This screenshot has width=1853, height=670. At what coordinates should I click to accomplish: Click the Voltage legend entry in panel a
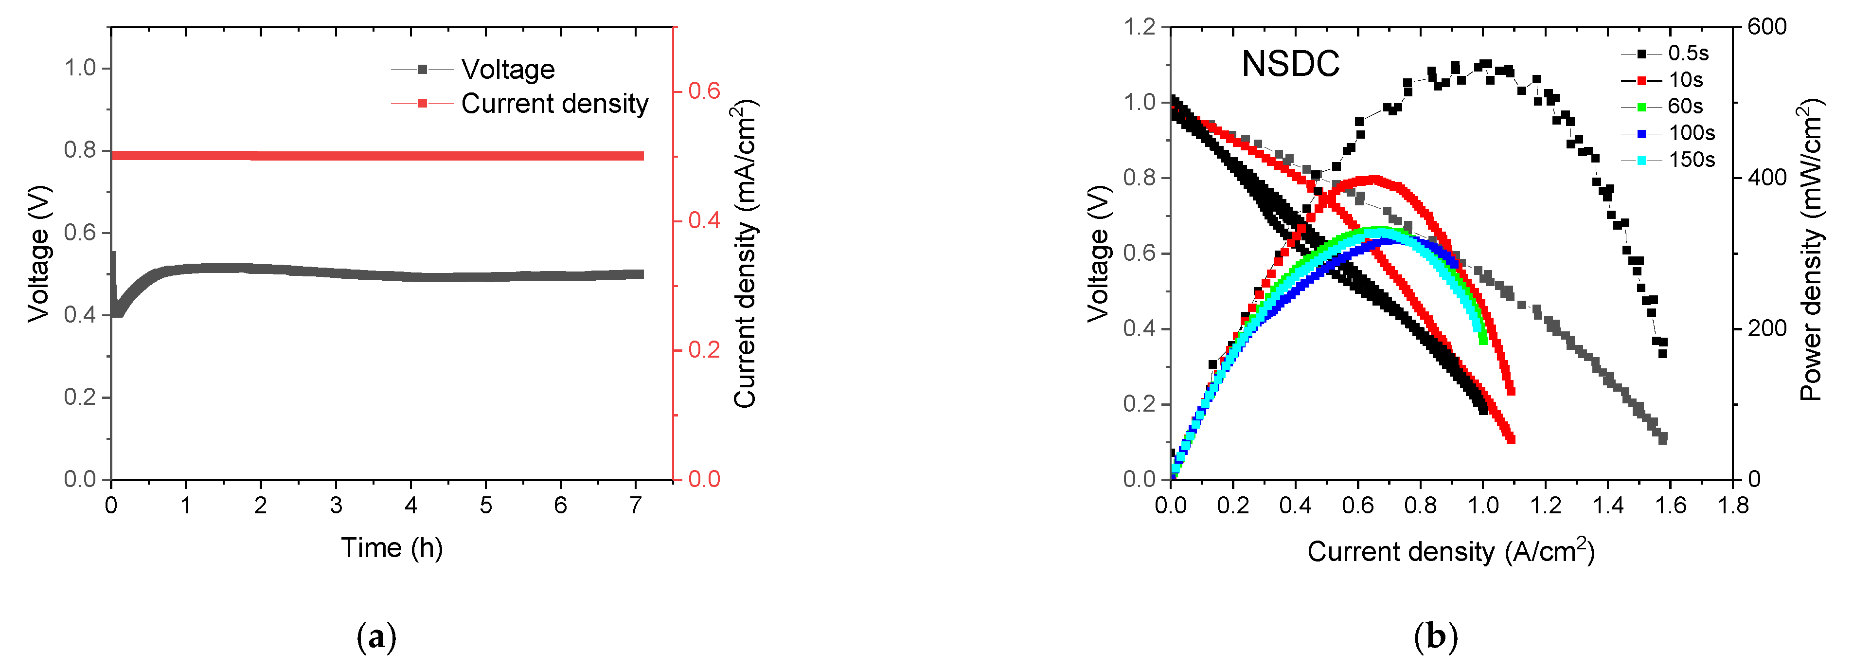tap(507, 70)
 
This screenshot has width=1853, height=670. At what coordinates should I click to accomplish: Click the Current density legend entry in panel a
tap(554, 104)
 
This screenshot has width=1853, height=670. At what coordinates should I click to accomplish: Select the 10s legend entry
tap(1685, 80)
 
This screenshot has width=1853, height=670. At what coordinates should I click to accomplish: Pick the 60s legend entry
tap(1685, 107)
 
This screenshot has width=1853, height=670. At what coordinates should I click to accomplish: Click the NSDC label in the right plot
tap(1290, 64)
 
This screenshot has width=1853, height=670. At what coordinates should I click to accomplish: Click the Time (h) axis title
tap(392, 548)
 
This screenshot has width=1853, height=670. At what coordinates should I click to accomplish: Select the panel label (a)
tap(376, 637)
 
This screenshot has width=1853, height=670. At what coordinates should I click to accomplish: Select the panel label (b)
tap(1436, 637)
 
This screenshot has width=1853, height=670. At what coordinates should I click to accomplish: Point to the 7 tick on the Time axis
tap(635, 506)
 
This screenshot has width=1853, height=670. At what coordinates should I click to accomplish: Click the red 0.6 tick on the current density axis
tap(703, 91)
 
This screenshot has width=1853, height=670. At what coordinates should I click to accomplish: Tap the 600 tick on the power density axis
tap(1767, 27)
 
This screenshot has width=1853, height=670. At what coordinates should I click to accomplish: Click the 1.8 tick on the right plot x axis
tap(1733, 506)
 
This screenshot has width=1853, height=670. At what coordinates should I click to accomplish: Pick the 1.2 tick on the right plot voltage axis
tap(1140, 27)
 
